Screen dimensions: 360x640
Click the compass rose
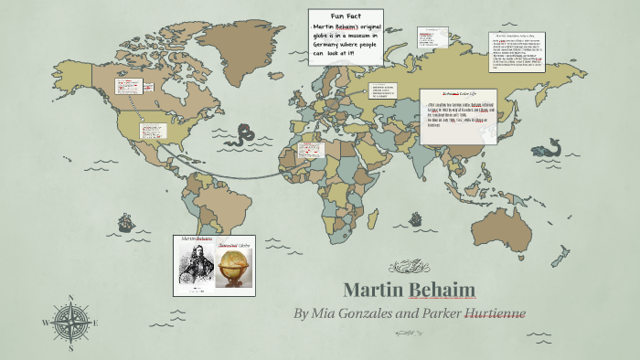[x=70, y=321]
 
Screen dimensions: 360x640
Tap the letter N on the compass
[x=70, y=298]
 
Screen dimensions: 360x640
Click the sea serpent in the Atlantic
[x=242, y=136]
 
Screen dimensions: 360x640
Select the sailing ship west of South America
[x=125, y=222]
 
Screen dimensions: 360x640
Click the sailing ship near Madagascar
[x=417, y=218]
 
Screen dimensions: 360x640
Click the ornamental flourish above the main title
[x=409, y=268]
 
